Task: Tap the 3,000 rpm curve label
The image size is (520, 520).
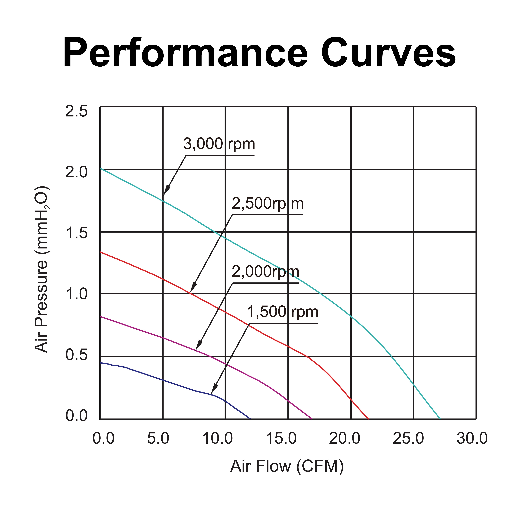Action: click(x=219, y=144)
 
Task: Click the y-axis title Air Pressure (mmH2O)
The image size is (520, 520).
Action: click(x=42, y=269)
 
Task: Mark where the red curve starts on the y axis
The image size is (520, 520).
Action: click(x=100, y=252)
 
